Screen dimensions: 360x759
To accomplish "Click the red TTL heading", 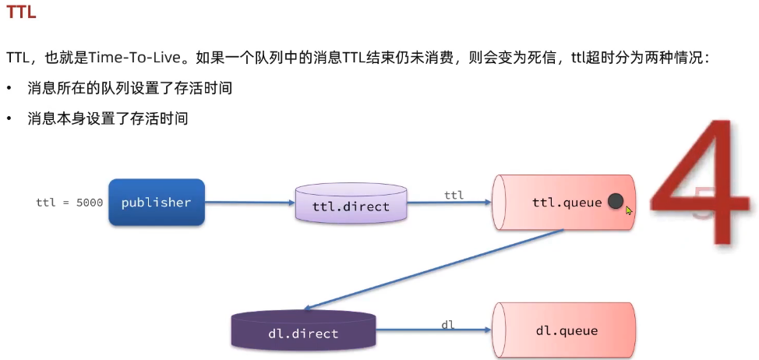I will pyautogui.click(x=21, y=13).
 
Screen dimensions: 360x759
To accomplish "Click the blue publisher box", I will pyautogui.click(x=156, y=203).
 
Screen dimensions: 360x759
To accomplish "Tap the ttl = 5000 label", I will pyautogui.click(x=69, y=203).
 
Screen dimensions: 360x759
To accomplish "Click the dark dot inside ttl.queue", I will pyautogui.click(x=616, y=202).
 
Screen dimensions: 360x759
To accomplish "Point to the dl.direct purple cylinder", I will pyautogui.click(x=303, y=330).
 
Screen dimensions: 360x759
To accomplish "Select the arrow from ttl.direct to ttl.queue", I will pyautogui.click(x=449, y=203).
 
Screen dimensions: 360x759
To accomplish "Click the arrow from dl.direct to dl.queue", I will pyautogui.click(x=432, y=330).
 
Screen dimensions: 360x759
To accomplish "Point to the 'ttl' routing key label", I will pyautogui.click(x=454, y=195).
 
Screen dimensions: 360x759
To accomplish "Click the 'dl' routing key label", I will pyautogui.click(x=448, y=324).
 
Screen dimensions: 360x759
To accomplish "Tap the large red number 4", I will pyautogui.click(x=701, y=183).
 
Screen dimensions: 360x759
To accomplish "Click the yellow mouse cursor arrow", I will pyautogui.click(x=629, y=210).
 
